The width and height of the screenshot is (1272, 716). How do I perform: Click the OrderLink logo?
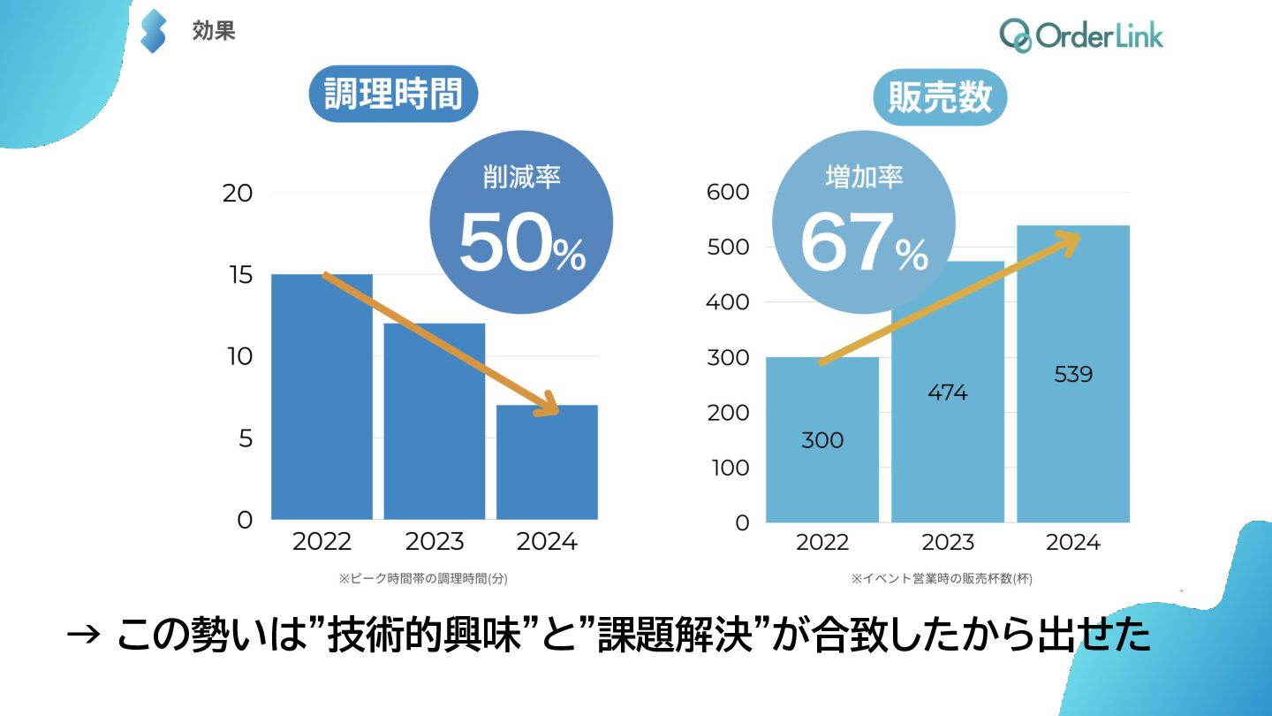[x=1081, y=35]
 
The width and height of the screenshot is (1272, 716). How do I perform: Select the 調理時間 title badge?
[x=393, y=94]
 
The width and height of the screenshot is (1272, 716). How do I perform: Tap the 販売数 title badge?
[x=940, y=97]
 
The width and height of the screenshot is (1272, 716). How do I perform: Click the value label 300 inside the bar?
[x=822, y=440]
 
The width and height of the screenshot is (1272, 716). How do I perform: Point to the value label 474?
[x=947, y=392]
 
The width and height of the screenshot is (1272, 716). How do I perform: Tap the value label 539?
[x=1073, y=374]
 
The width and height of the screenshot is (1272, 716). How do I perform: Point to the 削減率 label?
[x=521, y=178]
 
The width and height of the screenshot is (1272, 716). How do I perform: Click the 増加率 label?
[x=863, y=178]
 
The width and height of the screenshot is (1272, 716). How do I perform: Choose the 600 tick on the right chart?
[x=728, y=193]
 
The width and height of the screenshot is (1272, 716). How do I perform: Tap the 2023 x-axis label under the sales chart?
[x=947, y=542]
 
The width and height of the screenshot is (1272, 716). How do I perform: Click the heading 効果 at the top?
[x=214, y=32]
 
